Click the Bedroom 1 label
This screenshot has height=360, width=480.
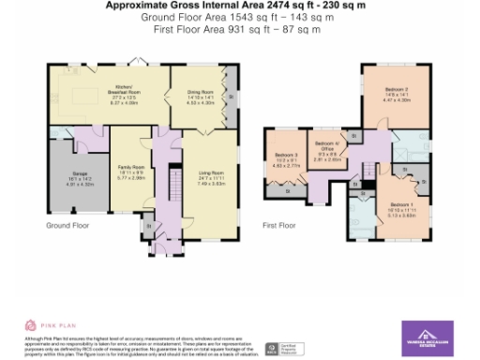click(x=401, y=206)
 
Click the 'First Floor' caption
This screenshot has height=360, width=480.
click(x=278, y=226)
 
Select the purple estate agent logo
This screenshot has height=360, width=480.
click(x=427, y=337)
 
